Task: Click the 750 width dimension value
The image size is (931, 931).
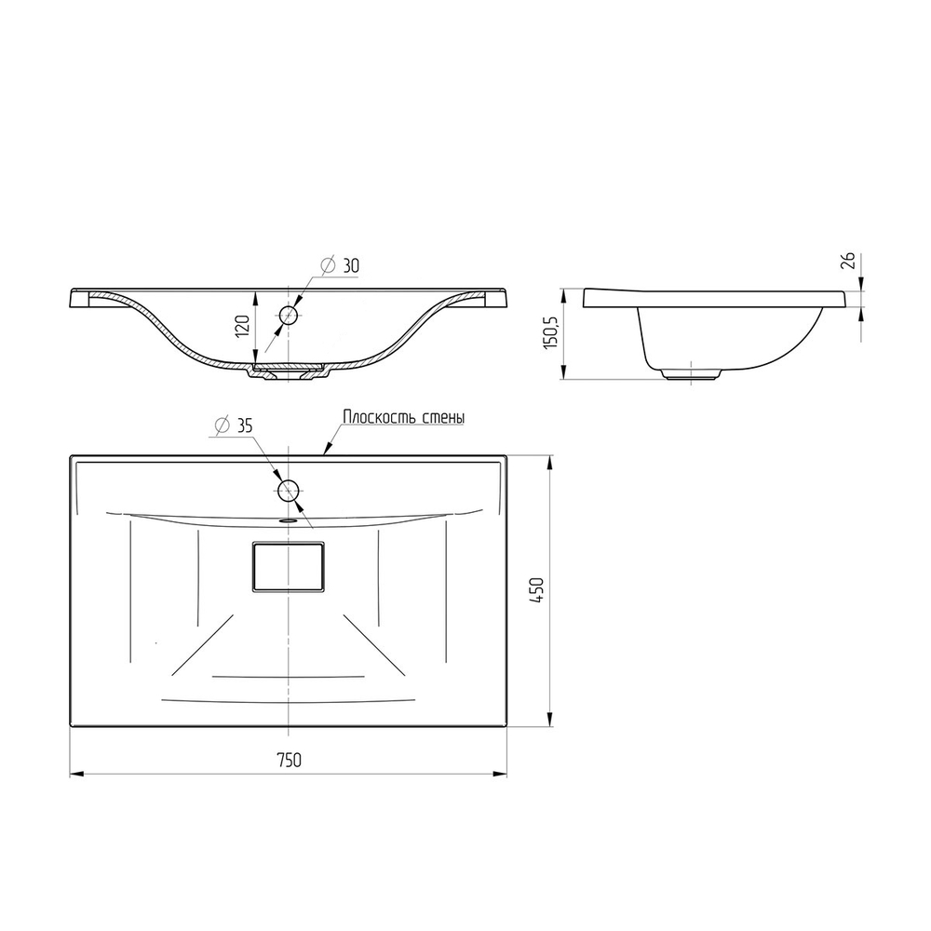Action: (289, 760)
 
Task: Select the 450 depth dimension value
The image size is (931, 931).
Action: (536, 591)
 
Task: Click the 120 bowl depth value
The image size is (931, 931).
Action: (243, 327)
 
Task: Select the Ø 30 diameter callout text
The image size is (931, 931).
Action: (340, 265)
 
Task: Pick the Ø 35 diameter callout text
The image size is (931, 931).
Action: (234, 425)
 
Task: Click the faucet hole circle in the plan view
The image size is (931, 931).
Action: (288, 491)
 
